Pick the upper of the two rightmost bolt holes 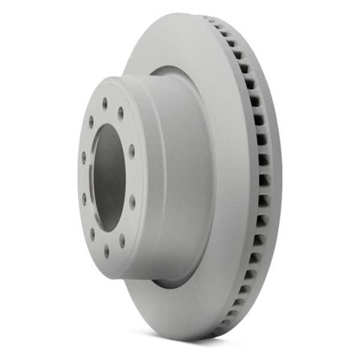coord(132,151)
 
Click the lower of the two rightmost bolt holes coord(133,202)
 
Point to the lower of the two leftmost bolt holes coord(84,199)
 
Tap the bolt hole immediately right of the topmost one coord(121,114)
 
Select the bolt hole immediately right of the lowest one coord(122,241)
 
